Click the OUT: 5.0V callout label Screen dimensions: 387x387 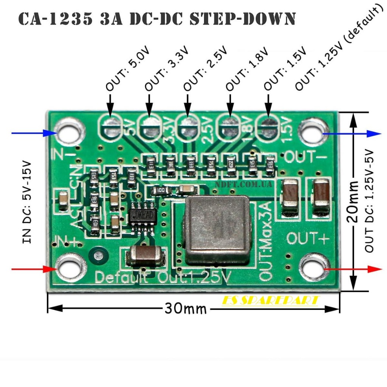click(x=128, y=70)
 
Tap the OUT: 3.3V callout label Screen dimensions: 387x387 click(x=167, y=70)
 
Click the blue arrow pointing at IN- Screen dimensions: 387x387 click(x=34, y=133)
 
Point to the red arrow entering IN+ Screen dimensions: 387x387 click(x=34, y=269)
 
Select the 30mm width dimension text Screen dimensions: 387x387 click(x=186, y=309)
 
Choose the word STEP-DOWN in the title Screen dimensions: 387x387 click(x=242, y=19)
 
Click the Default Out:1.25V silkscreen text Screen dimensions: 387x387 click(x=163, y=278)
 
